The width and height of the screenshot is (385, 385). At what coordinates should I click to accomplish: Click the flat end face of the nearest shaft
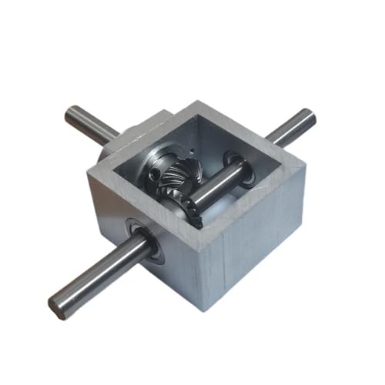57,306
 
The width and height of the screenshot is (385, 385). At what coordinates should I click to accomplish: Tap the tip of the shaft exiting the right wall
310,117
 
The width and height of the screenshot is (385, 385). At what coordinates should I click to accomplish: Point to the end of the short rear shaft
70,116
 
